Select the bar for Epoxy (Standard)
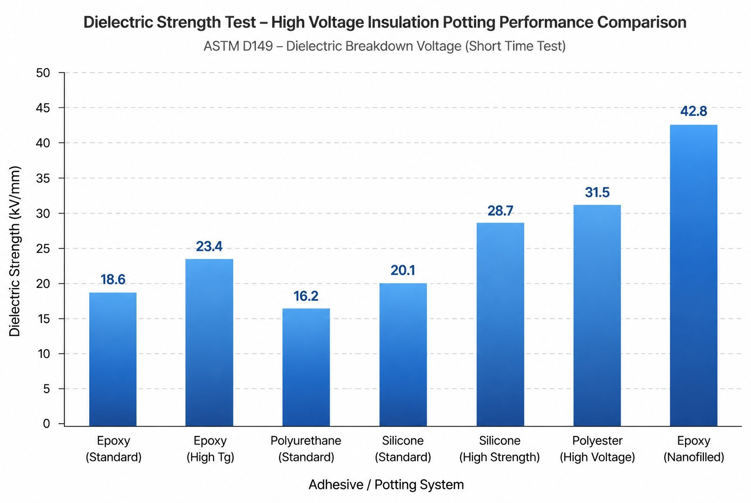[x=113, y=359]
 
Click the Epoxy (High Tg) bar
[x=209, y=342]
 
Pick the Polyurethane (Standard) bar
[x=306, y=367]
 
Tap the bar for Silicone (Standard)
[x=403, y=355]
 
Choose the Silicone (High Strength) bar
[x=500, y=324]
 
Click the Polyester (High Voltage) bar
[x=597, y=315]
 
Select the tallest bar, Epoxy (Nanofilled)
[x=694, y=275]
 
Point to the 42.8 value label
[x=694, y=111]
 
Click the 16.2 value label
[x=306, y=296]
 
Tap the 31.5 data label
[x=597, y=192]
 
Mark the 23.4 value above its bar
[x=209, y=246]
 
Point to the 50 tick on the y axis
[x=43, y=73]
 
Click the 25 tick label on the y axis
[x=43, y=249]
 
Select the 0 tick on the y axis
[x=47, y=423]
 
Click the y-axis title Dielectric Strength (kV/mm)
[x=14, y=251]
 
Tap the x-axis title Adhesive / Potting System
[x=386, y=485]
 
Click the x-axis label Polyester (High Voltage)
[x=597, y=449]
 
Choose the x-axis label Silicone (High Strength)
[x=499, y=449]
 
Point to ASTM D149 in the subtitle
[x=238, y=46]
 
